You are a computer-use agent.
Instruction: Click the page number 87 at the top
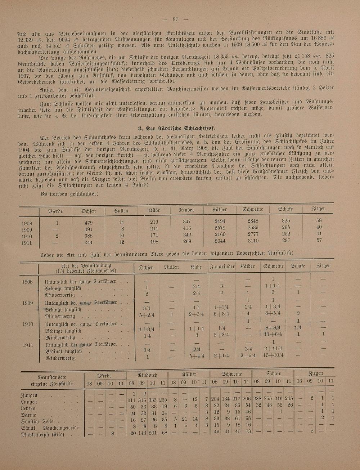(176, 19)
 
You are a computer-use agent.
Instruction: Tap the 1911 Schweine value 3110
(255, 241)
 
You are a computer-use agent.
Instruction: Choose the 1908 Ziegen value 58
(319, 220)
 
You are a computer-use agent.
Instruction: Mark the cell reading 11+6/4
(273, 335)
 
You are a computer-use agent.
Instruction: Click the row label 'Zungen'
(30, 395)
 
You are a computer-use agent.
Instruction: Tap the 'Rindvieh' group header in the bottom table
(148, 375)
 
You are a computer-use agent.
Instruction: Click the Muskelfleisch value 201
(153, 433)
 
